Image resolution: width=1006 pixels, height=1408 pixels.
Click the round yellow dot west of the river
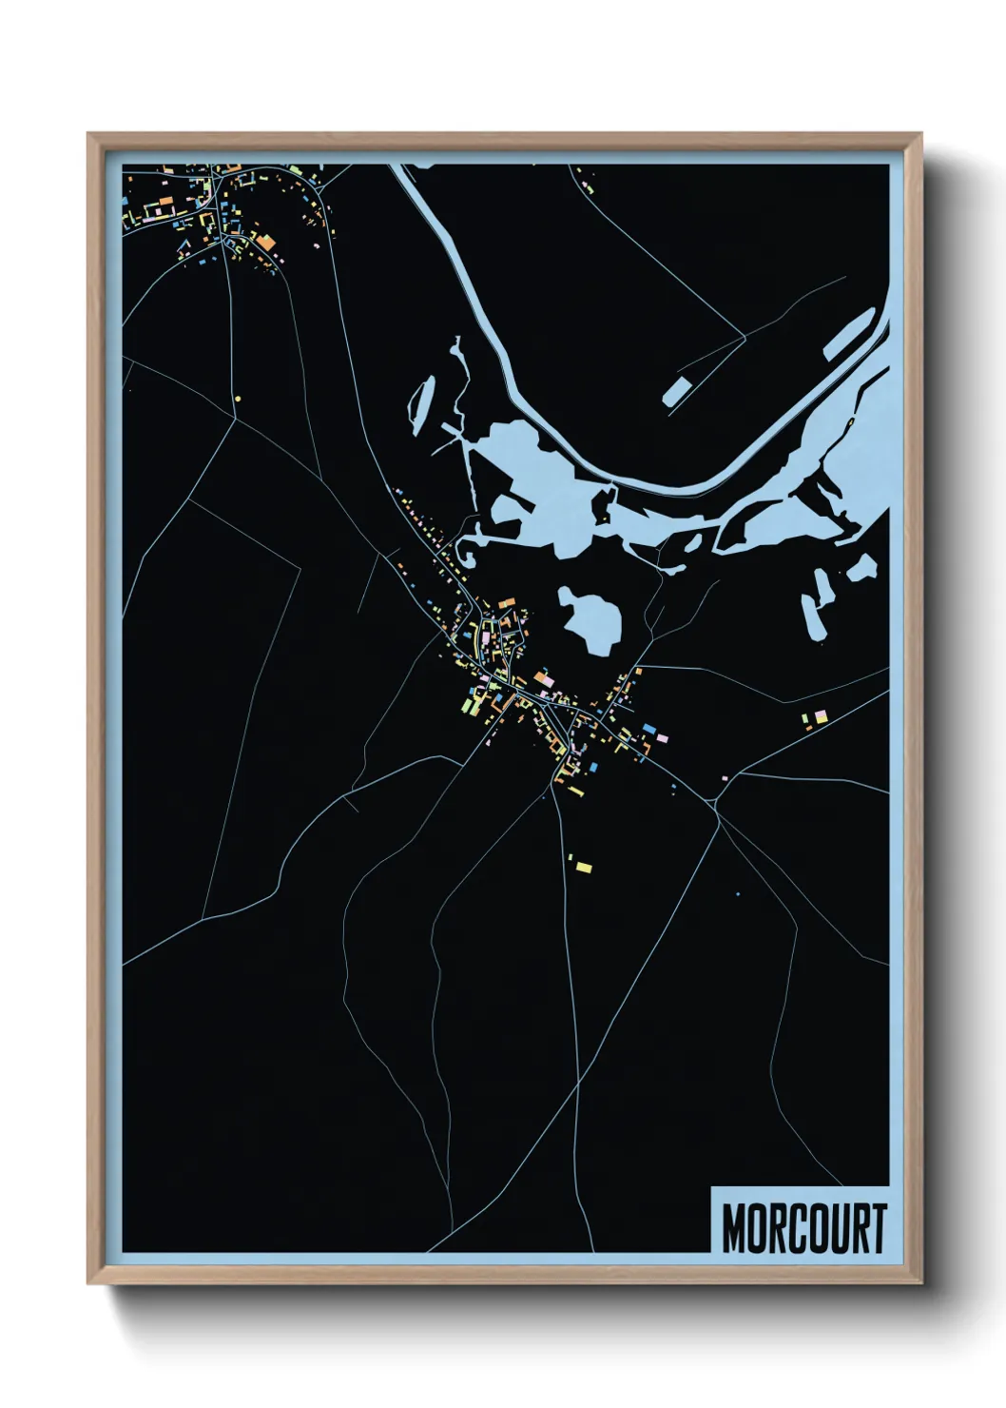tap(238, 399)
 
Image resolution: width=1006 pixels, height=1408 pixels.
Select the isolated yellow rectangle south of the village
tap(584, 867)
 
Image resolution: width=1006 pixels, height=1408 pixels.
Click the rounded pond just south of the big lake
tap(592, 619)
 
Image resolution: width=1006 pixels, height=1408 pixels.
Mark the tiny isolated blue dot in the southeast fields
tap(737, 894)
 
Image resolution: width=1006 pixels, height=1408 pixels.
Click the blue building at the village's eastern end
tap(649, 728)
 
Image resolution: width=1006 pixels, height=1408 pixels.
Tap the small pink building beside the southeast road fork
tap(725, 779)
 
